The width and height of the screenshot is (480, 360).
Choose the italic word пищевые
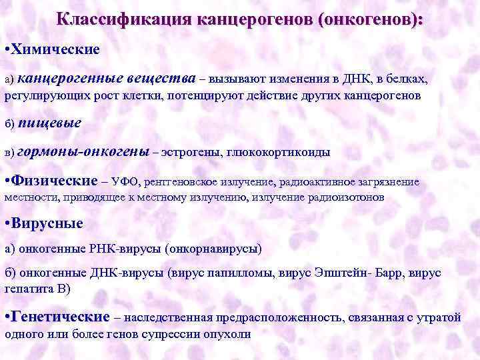[49, 123]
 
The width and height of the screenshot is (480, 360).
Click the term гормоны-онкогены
[83, 151]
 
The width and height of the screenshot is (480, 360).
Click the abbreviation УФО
[125, 181]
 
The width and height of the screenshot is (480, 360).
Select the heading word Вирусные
[47, 223]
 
